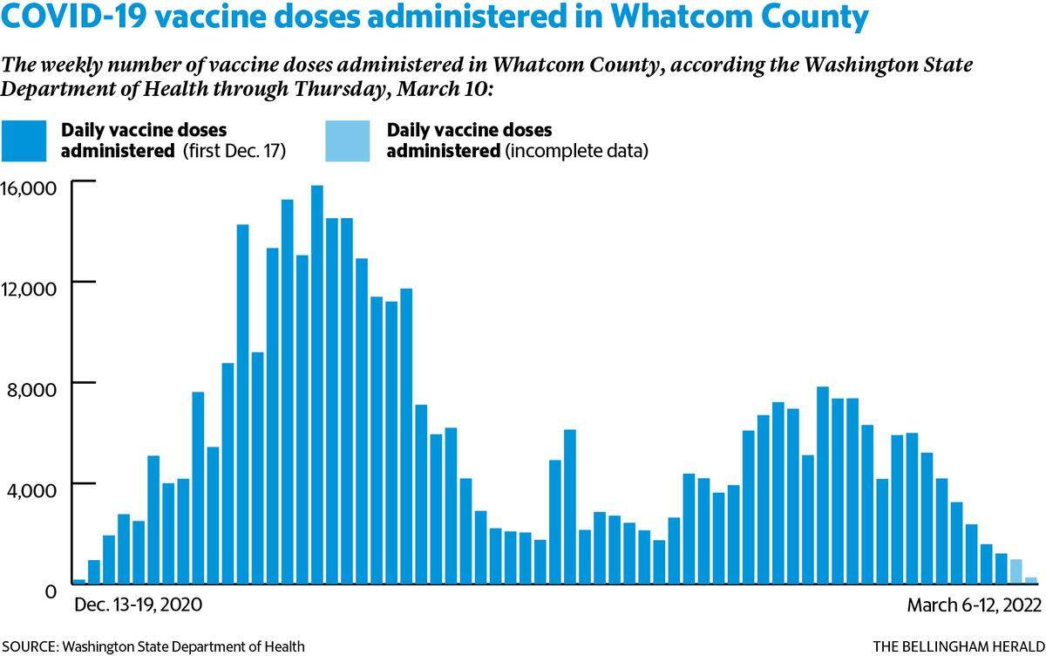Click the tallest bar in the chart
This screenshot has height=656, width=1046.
point(317,385)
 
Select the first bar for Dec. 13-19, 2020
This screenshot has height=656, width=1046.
point(80,582)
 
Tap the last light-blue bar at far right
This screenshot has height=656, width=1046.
point(1030,581)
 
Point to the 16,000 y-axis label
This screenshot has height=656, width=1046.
point(29,188)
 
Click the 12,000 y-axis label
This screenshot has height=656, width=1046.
point(29,290)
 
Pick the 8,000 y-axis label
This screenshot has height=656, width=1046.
point(31,390)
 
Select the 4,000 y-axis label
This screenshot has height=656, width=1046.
point(31,490)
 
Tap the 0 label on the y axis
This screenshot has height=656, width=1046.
point(51,592)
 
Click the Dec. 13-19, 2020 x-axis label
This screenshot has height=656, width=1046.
point(139,605)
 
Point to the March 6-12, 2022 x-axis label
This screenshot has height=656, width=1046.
point(975,605)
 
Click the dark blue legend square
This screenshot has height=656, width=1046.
point(24,141)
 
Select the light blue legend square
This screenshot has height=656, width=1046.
point(348,141)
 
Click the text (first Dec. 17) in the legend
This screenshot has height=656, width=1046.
point(234,152)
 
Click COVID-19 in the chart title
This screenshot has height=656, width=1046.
point(74,17)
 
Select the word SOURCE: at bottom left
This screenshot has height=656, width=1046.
point(30,646)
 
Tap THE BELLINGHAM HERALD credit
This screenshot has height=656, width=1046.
point(959,646)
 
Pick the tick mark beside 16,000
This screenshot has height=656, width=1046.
point(84,181)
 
